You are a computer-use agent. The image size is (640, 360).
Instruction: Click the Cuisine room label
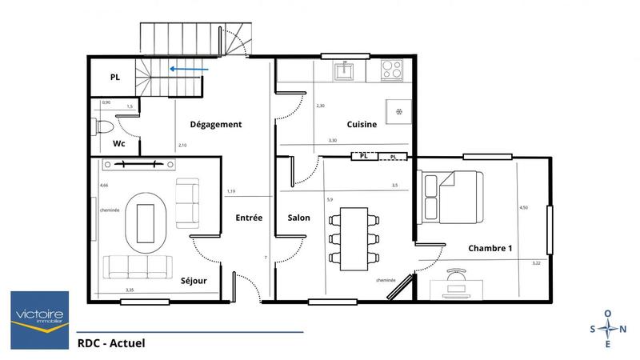[362, 125]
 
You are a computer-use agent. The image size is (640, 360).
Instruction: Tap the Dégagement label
[215, 125]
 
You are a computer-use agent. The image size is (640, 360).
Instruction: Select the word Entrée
[249, 218]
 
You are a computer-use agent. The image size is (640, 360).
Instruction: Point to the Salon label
[298, 218]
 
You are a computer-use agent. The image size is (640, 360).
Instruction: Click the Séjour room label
[194, 281]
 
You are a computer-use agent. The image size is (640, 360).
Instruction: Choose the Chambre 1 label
[490, 248]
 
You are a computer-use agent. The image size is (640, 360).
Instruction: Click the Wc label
[118, 145]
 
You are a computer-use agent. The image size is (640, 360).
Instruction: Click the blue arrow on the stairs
[191, 70]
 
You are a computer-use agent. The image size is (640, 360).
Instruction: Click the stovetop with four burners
[392, 70]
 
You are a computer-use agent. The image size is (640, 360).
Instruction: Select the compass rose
[608, 329]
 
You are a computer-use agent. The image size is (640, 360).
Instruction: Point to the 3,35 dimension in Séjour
[130, 290]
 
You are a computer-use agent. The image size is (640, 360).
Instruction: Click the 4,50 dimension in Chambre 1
[524, 207]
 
